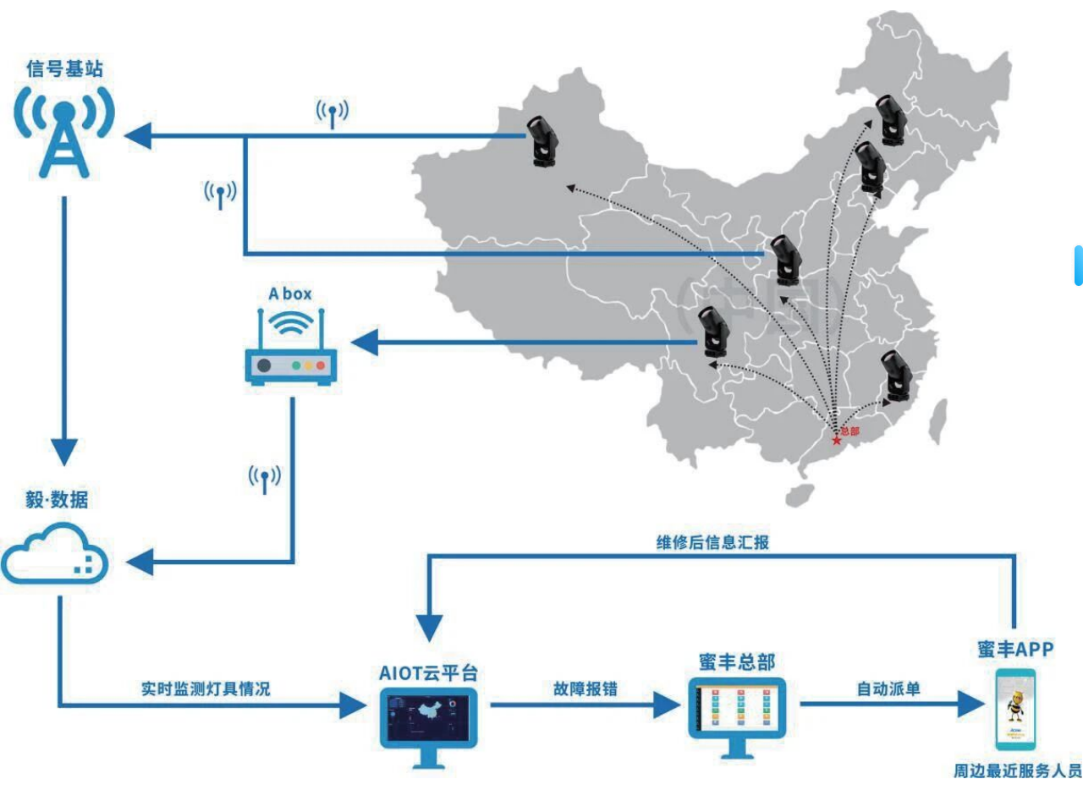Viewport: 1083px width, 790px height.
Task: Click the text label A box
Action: point(290,294)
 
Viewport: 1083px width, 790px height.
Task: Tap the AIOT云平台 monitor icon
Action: point(428,720)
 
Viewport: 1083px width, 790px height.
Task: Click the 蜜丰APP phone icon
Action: point(1014,710)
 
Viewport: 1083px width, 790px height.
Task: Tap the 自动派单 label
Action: point(888,689)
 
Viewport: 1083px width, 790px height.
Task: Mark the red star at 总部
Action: point(837,441)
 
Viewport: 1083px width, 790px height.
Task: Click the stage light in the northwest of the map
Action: point(541,140)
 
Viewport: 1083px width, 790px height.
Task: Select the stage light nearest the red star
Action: point(893,376)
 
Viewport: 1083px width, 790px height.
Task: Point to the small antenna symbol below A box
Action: point(265,479)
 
